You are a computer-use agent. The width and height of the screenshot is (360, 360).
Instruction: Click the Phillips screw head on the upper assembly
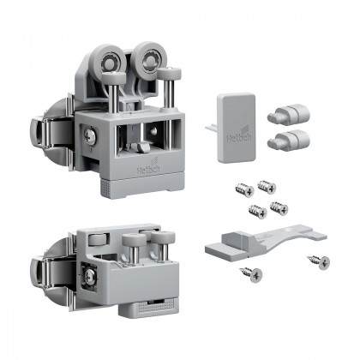(x=89, y=135)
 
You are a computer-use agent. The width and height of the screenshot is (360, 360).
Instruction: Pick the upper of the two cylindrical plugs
(x=285, y=112)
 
